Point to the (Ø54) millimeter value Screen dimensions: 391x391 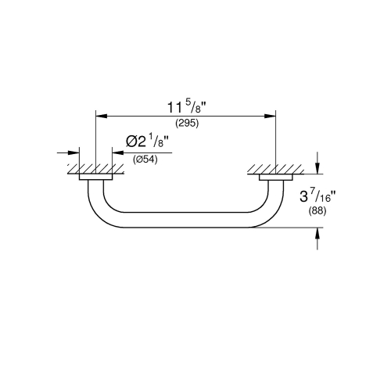click(x=146, y=160)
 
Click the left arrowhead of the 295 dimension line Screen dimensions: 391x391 click(x=99, y=115)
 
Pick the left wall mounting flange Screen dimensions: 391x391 click(x=95, y=180)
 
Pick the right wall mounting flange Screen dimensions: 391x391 click(x=275, y=180)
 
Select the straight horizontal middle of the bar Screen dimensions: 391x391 click(x=185, y=218)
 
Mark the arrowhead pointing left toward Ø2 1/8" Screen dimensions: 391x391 click(x=117, y=153)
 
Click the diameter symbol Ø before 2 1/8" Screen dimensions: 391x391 click(x=131, y=142)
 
